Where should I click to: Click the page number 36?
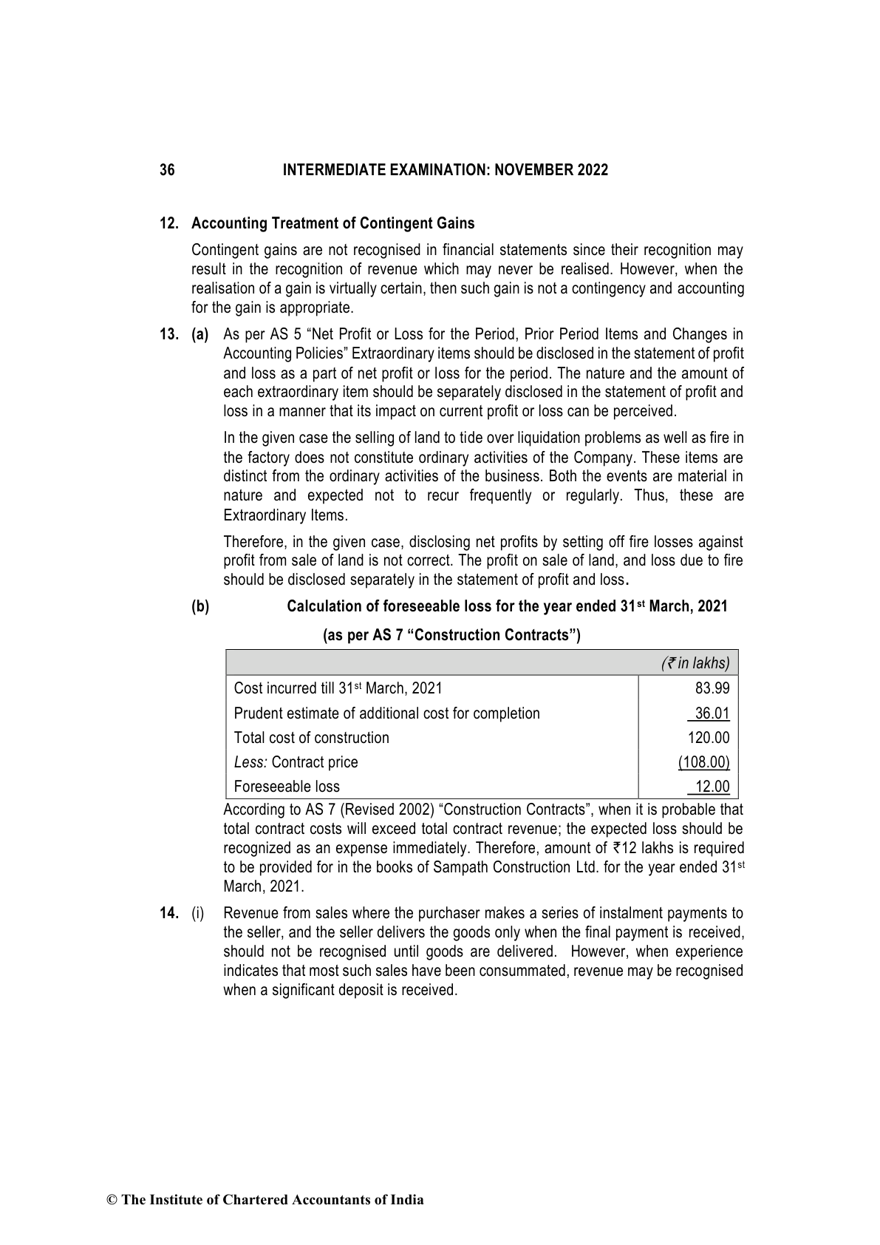coord(168,171)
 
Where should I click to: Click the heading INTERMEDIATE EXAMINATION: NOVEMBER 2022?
coord(446,171)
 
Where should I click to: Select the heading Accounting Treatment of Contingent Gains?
coord(332,223)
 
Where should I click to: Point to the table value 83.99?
coord(712,688)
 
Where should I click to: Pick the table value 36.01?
coord(712,713)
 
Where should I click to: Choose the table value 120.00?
coord(709,738)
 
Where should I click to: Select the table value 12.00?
coord(712,787)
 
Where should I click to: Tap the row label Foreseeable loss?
coord(287,787)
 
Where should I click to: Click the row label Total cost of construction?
coord(311,738)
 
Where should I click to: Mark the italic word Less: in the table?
coord(250,762)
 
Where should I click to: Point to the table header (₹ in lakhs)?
coord(695,663)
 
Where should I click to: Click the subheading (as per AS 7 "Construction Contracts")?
coord(452,635)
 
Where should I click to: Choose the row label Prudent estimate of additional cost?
coord(386,713)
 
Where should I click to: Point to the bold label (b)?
coord(200,607)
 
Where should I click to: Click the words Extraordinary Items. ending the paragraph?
coord(285,515)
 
